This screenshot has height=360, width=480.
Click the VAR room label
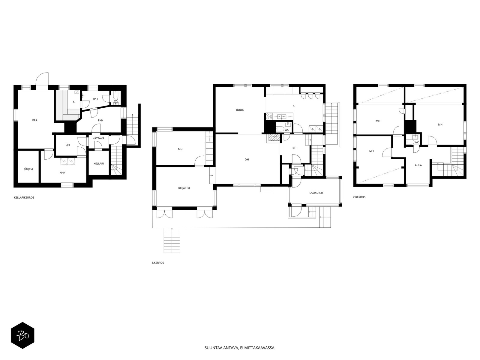(x=34, y=120)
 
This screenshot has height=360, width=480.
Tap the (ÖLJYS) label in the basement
(x=28, y=169)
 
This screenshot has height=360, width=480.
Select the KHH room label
(x=62, y=173)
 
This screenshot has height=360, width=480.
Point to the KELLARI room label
(x=99, y=163)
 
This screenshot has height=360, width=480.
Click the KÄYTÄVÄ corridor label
(x=98, y=138)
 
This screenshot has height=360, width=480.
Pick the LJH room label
(x=67, y=145)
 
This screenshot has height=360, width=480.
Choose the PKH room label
(x=100, y=120)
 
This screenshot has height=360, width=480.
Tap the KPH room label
(x=95, y=99)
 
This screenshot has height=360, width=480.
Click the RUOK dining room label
(x=240, y=110)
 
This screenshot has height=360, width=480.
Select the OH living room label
(x=247, y=160)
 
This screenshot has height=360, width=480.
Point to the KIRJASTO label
(x=184, y=188)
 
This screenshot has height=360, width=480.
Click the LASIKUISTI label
(x=316, y=193)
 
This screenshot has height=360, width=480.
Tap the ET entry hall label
(x=294, y=148)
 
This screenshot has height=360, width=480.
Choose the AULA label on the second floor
(x=418, y=165)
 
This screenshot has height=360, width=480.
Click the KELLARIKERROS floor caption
(x=24, y=198)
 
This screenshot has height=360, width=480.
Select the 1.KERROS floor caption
(x=158, y=263)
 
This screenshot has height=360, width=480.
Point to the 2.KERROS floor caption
(x=359, y=197)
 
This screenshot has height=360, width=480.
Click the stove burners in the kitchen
(x=269, y=116)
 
